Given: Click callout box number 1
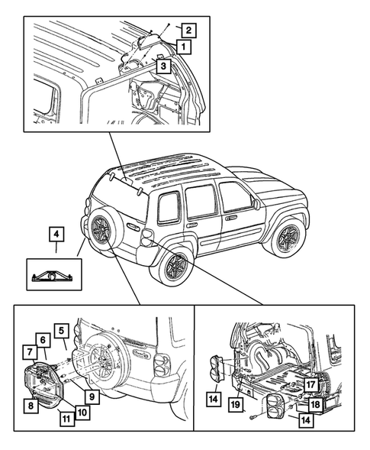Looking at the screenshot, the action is [x=183, y=47].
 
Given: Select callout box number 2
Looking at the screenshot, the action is [x=188, y=30].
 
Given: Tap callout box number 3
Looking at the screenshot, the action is [x=163, y=66].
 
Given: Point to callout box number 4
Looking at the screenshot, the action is [x=56, y=235].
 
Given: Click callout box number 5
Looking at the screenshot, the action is [x=62, y=331].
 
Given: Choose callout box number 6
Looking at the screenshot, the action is [x=43, y=341].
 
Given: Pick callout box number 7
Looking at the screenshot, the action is [x=31, y=352].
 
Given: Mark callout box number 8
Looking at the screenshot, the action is [x=31, y=406].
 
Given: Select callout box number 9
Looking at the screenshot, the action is [x=92, y=397].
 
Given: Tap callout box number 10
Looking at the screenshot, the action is [x=82, y=412].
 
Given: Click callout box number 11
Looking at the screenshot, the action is [x=66, y=419].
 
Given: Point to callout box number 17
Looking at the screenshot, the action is [x=310, y=384].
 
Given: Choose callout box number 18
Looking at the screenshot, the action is [x=315, y=404].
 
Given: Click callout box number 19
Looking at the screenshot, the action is [x=235, y=404].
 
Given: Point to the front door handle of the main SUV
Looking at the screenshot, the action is [x=229, y=219].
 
